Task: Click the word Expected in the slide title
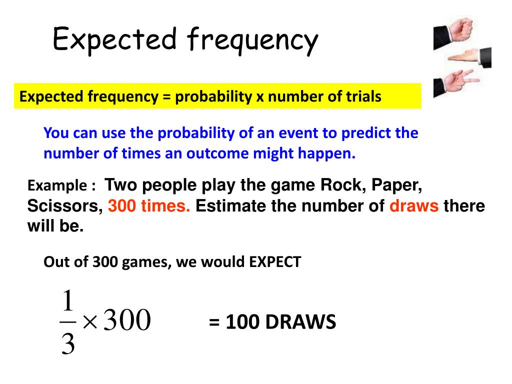(115, 39)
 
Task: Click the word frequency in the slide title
(253, 41)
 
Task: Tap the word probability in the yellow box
(213, 96)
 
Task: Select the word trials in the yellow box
(363, 96)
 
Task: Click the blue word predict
(367, 133)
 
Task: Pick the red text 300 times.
(149, 206)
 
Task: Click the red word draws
(414, 206)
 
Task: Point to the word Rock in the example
(336, 185)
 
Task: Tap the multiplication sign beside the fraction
(90, 321)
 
